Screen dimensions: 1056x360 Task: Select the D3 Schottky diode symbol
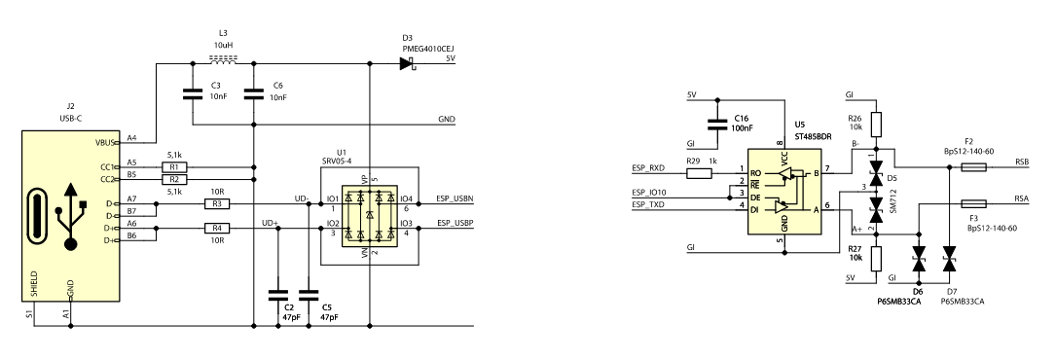(x=407, y=64)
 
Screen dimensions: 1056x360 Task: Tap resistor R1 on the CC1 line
(x=174, y=167)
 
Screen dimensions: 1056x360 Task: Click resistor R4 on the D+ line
(x=217, y=229)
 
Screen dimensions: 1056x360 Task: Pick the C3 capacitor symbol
(x=194, y=94)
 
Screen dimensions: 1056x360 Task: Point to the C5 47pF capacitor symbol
(x=309, y=296)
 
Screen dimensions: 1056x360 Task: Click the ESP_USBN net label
(x=455, y=198)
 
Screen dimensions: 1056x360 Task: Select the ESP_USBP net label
(x=455, y=222)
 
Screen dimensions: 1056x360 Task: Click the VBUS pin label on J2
(x=106, y=143)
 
